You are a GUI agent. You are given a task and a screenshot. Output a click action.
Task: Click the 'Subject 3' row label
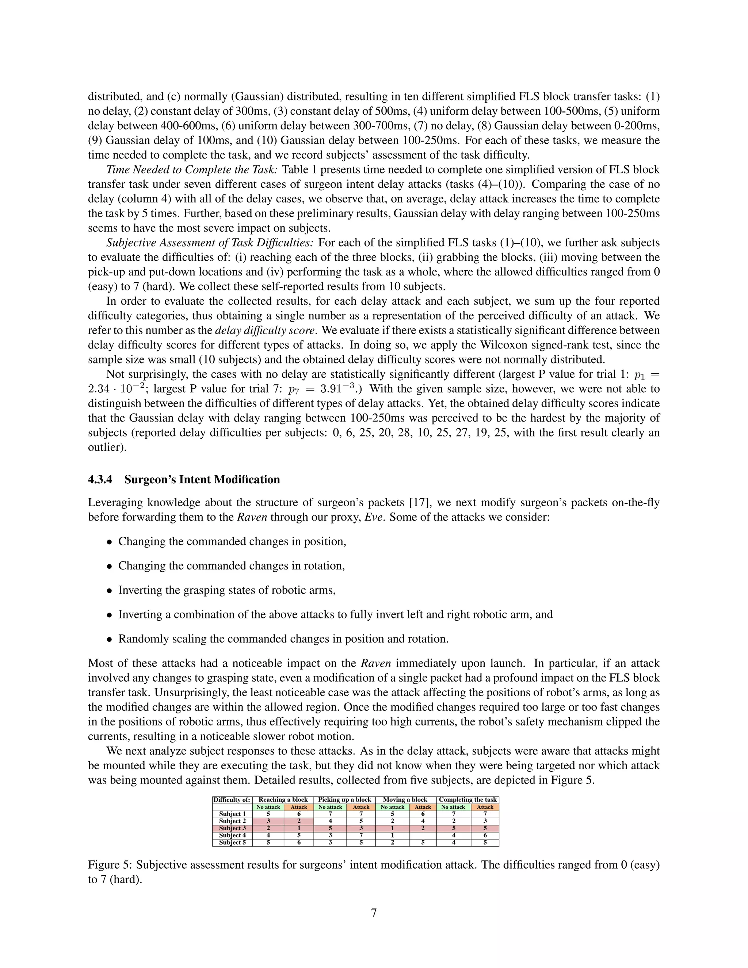[232, 828]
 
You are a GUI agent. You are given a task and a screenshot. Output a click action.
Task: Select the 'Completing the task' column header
[467, 800]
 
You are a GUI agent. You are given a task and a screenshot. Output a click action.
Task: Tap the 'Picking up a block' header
[344, 800]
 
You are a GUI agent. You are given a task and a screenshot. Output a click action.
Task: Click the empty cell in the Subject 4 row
[423, 835]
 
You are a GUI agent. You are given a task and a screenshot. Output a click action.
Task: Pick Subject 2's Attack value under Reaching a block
[299, 821]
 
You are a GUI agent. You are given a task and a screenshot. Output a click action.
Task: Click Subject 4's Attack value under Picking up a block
[361, 835]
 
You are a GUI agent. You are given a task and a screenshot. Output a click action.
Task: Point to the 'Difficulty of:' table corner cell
[232, 800]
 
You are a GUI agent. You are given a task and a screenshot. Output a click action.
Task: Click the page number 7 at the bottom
[374, 912]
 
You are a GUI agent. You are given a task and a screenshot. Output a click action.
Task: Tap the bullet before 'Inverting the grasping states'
[110, 591]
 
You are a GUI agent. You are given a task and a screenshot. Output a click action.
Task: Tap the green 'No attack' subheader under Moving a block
[392, 807]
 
